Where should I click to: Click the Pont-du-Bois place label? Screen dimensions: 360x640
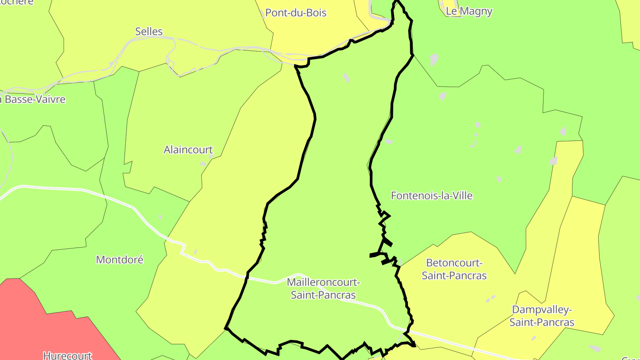(x=296, y=13)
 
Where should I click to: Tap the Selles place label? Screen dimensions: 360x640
(x=149, y=32)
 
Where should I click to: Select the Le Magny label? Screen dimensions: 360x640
(x=469, y=11)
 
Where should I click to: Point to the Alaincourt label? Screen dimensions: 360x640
(x=188, y=150)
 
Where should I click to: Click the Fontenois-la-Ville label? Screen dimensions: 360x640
(x=432, y=196)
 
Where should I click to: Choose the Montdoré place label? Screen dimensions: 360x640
(x=120, y=260)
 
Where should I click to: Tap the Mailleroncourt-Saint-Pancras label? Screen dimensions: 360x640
(x=323, y=288)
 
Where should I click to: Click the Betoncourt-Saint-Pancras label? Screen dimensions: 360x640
(x=454, y=269)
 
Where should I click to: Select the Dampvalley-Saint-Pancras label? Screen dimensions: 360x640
(x=542, y=316)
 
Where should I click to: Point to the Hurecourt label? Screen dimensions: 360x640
(x=67, y=355)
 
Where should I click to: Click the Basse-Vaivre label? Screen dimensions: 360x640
(x=35, y=100)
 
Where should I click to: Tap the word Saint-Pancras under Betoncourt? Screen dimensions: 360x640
(x=454, y=276)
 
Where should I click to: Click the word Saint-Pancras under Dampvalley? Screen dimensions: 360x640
(x=542, y=322)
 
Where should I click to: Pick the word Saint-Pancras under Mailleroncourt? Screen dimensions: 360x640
(x=323, y=295)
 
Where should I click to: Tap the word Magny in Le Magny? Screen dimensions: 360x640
(x=475, y=11)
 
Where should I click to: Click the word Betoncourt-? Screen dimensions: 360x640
(x=454, y=263)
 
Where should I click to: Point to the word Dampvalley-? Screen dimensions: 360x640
(x=542, y=309)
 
